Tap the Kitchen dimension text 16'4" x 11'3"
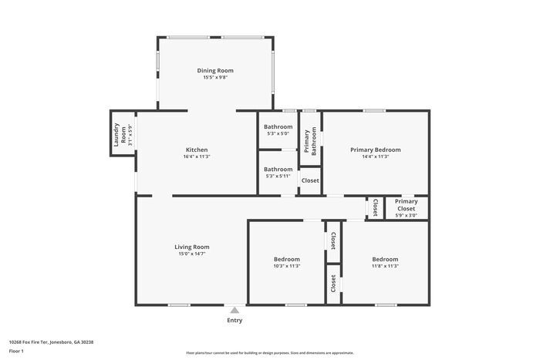197,156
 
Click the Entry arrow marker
234,309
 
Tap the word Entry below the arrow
234,321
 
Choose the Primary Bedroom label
375,150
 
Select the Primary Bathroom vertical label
310,142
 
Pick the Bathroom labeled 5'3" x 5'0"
278,126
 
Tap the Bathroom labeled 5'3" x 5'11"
278,169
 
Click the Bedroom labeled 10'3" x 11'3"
286,259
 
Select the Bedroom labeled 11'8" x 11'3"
385,259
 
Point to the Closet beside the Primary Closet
375,208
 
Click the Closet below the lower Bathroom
309,180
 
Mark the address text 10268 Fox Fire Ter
51,341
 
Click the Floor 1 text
16,351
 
